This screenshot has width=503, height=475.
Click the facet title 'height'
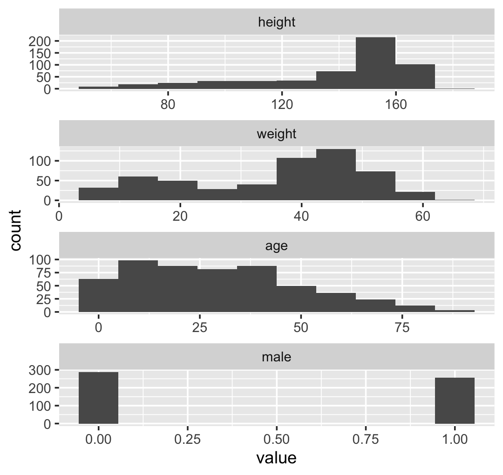coord(277,22)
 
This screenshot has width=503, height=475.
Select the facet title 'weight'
coord(277,135)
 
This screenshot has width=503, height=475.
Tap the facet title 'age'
coord(277,246)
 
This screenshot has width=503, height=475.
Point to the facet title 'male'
coord(277,357)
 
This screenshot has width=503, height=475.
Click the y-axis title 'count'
coord(16,230)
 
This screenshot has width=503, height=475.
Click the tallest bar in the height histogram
coord(375,63)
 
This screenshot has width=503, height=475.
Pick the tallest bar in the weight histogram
coord(336,175)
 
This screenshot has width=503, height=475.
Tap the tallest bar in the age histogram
coord(138,286)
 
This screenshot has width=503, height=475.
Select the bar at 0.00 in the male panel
coord(98,398)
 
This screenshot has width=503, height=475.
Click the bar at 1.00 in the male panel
coord(455,400)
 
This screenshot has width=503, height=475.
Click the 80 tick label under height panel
coord(168,104)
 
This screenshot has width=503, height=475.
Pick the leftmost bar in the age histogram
coord(98,295)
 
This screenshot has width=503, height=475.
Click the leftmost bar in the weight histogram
coord(98,194)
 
